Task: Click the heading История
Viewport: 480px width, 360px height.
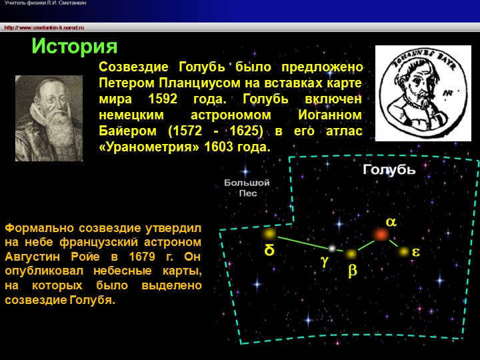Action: point(75,46)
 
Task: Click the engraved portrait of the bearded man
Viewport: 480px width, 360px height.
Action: point(49,118)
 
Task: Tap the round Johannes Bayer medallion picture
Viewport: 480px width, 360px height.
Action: point(423,93)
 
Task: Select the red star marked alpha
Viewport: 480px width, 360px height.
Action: point(381,234)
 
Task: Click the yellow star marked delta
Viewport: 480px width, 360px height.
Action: point(269,233)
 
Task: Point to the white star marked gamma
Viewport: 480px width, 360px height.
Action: point(331,249)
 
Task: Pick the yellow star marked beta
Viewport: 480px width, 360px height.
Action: point(351,254)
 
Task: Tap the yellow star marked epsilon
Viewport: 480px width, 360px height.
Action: point(403,251)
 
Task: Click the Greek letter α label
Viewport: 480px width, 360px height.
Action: point(391,222)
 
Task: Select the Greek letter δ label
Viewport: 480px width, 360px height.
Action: point(269,251)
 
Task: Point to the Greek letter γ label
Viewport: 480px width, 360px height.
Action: point(324,262)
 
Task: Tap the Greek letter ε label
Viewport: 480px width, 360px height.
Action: point(416,253)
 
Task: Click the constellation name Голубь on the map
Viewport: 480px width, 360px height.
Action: point(389,169)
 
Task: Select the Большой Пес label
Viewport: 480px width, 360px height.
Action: point(247,187)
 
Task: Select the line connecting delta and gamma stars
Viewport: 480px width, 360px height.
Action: point(301,241)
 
